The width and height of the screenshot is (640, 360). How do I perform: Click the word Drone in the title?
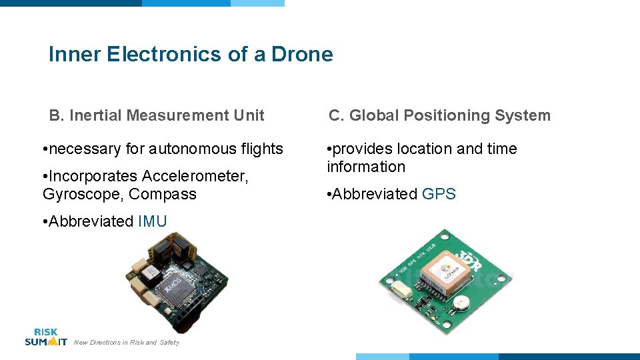click(302, 54)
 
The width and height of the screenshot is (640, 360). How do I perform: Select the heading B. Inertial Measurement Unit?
click(157, 115)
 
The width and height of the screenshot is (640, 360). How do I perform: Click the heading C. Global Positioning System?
click(439, 115)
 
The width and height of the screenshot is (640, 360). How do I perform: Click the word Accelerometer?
click(194, 176)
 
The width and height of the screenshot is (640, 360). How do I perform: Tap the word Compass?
click(163, 194)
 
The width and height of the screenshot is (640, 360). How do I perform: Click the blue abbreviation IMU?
click(152, 221)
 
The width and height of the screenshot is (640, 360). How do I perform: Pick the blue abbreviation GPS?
click(439, 194)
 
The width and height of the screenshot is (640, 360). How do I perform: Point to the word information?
click(366, 167)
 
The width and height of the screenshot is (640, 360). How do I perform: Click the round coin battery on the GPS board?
click(461, 303)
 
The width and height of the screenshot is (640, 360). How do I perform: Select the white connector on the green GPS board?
click(402, 289)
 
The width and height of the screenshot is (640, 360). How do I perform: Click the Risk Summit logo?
click(45, 337)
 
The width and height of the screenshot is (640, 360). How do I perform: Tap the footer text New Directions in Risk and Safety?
click(127, 343)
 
